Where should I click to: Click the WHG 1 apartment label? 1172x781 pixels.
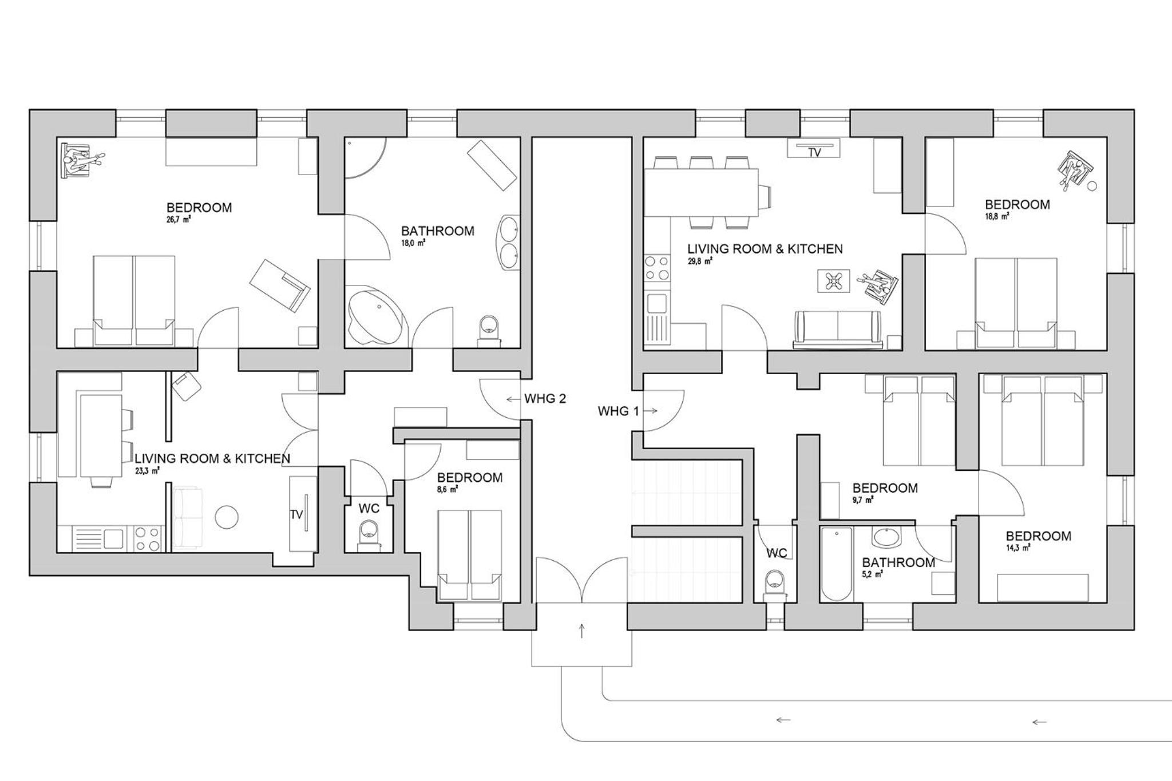tap(618, 411)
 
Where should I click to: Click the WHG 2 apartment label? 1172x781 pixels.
tap(545, 399)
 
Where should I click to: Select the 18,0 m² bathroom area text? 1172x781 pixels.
tap(413, 243)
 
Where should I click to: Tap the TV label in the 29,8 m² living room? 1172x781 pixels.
tap(814, 153)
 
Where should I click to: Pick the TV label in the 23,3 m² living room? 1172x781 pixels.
tap(296, 515)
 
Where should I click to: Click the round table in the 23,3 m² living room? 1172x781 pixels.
tap(227, 517)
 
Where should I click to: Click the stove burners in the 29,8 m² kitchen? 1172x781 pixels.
tap(657, 268)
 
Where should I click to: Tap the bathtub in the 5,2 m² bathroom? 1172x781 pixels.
tap(836, 564)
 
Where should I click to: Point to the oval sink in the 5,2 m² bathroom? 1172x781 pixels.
tap(886, 537)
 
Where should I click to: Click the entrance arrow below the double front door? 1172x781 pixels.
tap(582, 631)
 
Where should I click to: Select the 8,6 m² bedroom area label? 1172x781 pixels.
tap(449, 489)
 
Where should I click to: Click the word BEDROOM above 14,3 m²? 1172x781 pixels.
tap(1039, 536)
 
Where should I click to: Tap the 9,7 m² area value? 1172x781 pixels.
tap(864, 500)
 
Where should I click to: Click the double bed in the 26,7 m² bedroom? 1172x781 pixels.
tap(134, 301)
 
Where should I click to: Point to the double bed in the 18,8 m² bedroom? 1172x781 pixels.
tap(1016, 303)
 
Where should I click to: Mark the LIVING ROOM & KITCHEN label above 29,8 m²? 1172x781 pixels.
tap(765, 249)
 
